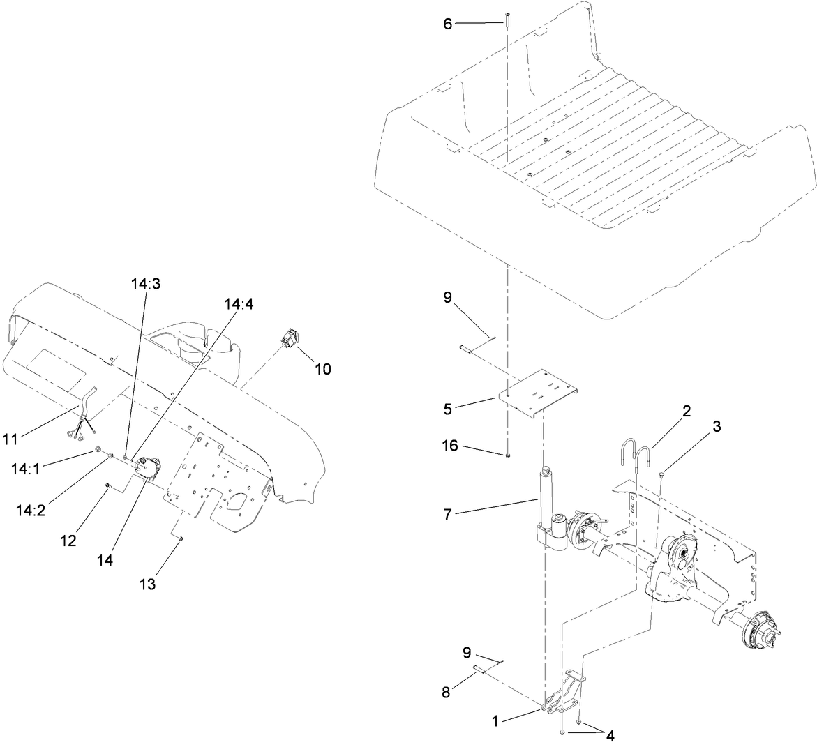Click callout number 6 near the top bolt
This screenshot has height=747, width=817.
pyautogui.click(x=448, y=23)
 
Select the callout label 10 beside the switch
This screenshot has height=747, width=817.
pyautogui.click(x=322, y=369)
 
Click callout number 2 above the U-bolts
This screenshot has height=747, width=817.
pyautogui.click(x=687, y=411)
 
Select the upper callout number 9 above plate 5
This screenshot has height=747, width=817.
pyautogui.click(x=448, y=297)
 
